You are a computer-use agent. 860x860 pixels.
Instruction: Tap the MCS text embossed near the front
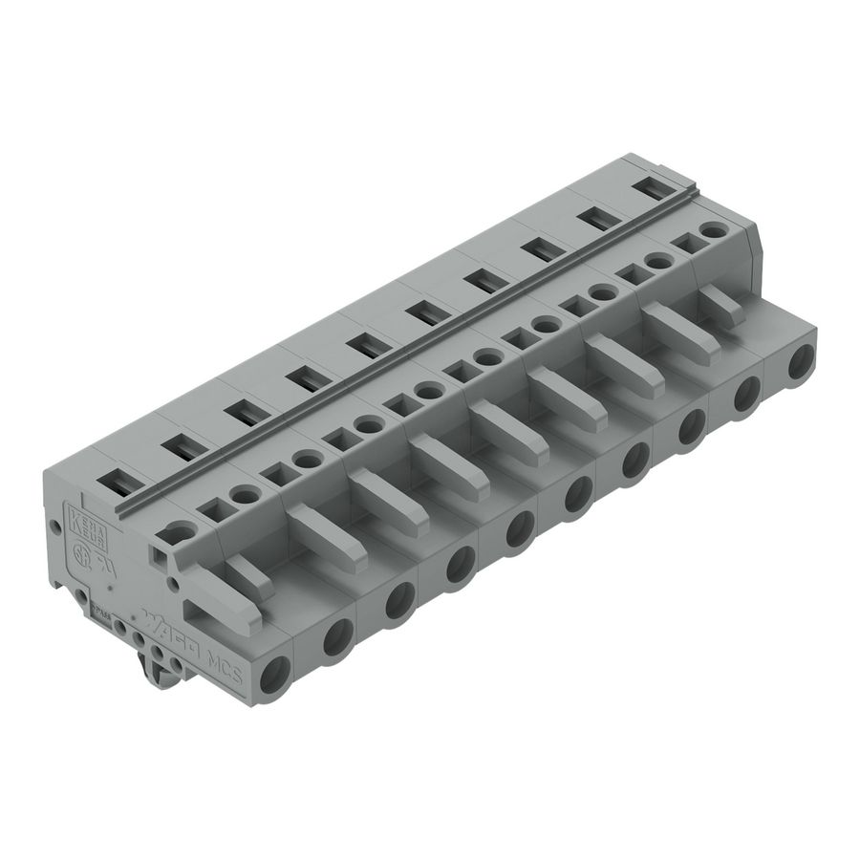[226, 663]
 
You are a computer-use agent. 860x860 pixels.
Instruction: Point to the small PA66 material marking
[100, 603]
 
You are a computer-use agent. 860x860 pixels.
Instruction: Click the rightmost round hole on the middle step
[711, 231]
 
